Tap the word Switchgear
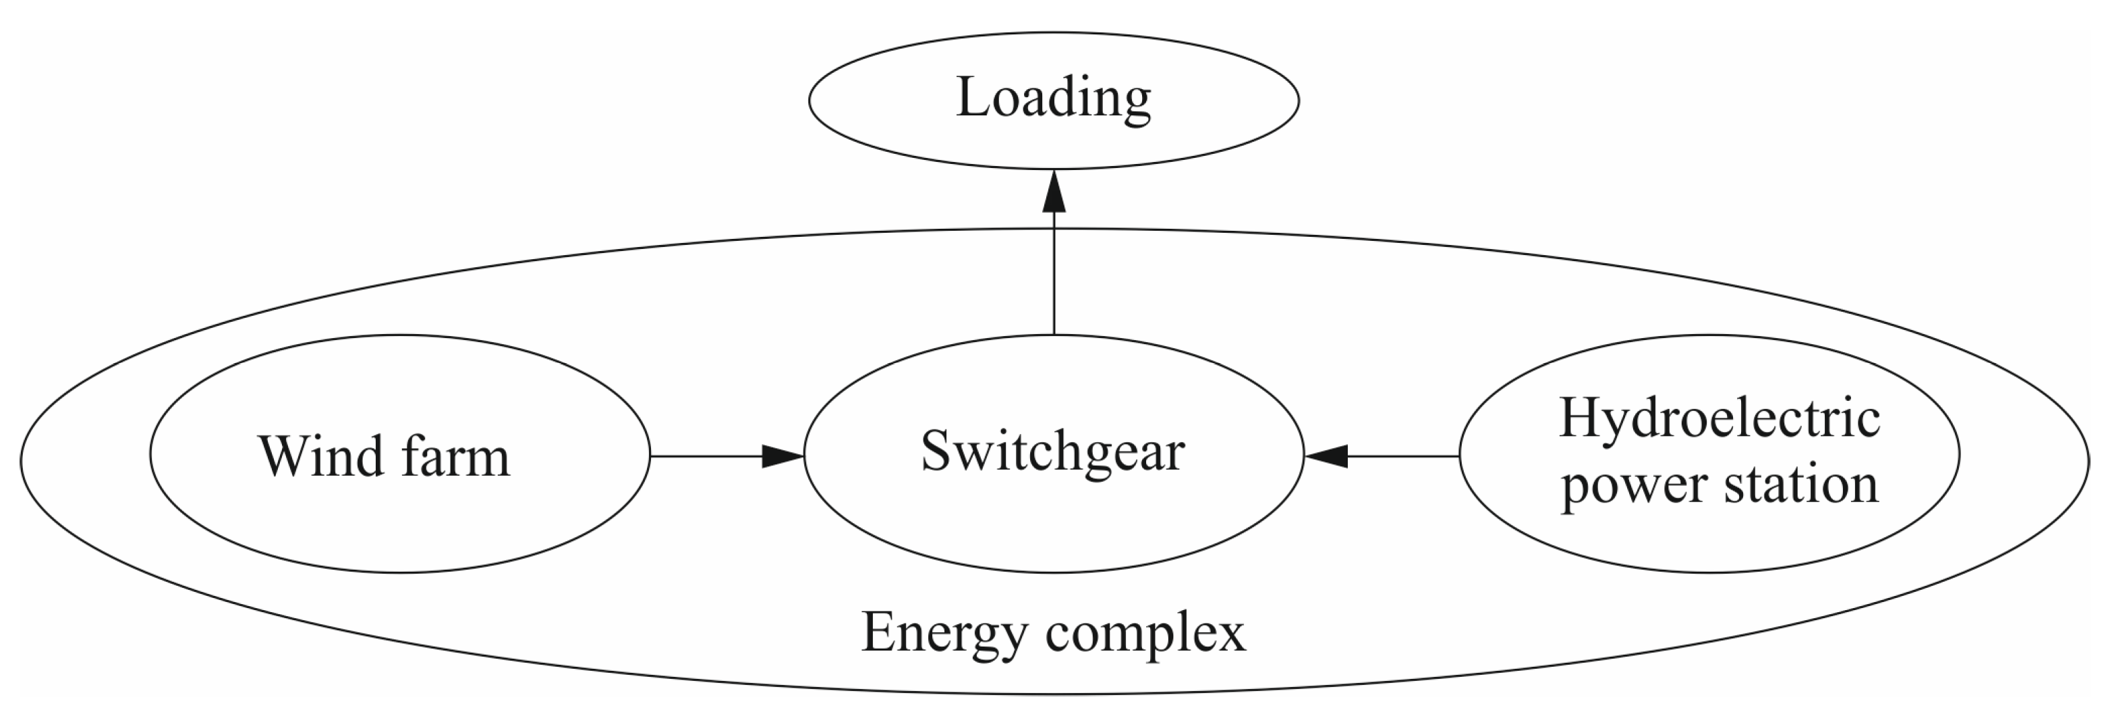[1052, 452]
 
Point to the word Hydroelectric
[1720, 418]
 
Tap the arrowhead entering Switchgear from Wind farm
[782, 456]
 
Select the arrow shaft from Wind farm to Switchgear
[706, 456]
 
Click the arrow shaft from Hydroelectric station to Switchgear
[1404, 456]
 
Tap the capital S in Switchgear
[935, 452]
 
